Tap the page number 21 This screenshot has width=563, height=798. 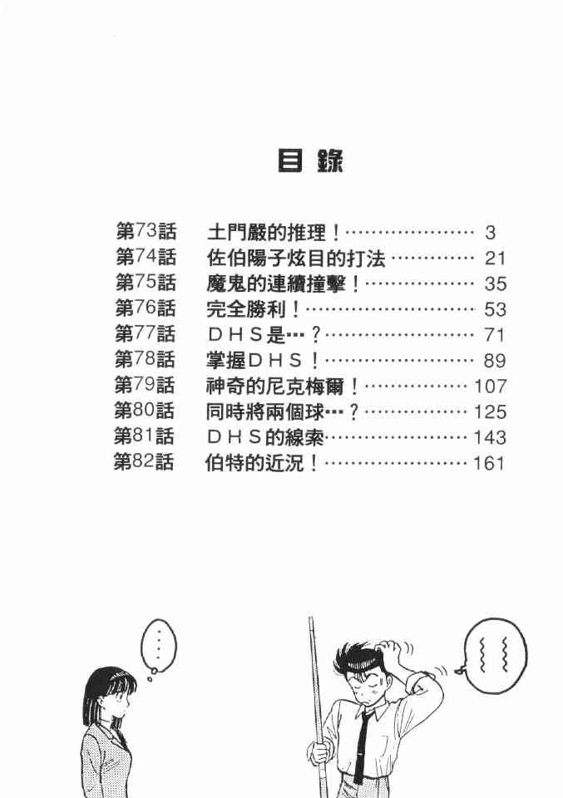coord(494,259)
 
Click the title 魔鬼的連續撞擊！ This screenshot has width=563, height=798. coord(283,283)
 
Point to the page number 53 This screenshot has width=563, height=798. coord(494,309)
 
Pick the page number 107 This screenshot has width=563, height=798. coord(489,387)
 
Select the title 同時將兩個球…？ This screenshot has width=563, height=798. coord(283,411)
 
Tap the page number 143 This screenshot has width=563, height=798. coord(489,437)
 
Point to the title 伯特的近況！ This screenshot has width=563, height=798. coord(262,463)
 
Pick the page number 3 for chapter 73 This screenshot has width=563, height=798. coord(490,233)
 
